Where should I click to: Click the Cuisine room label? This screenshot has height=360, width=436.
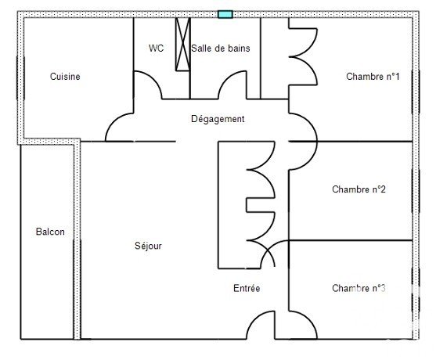tap(65, 77)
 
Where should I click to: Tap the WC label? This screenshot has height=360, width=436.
tap(156, 48)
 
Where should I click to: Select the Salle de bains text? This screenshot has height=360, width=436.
tap(221, 48)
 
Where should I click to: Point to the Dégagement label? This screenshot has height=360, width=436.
tap(218, 119)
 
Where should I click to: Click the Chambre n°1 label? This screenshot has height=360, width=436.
tap(373, 77)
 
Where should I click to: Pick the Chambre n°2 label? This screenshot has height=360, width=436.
tap(359, 189)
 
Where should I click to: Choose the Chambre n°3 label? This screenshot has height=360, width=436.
tap(359, 288)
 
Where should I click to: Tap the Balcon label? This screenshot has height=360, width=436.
tap(50, 232)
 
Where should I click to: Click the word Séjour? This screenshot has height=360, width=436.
tap(148, 246)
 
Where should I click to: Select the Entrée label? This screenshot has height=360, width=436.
tap(247, 288)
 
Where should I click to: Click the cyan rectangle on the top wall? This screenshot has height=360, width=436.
tap(225, 14)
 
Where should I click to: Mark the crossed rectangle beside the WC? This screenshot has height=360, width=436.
tap(183, 44)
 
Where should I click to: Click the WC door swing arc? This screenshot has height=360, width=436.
tap(153, 79)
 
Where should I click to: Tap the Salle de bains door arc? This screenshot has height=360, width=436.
tap(228, 79)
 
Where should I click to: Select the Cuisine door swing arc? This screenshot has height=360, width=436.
tap(114, 122)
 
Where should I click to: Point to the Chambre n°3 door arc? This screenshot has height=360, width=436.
tap(308, 319)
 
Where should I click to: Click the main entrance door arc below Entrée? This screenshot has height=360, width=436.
tap(255, 319)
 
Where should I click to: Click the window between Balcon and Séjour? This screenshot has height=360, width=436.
tap(77, 289)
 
